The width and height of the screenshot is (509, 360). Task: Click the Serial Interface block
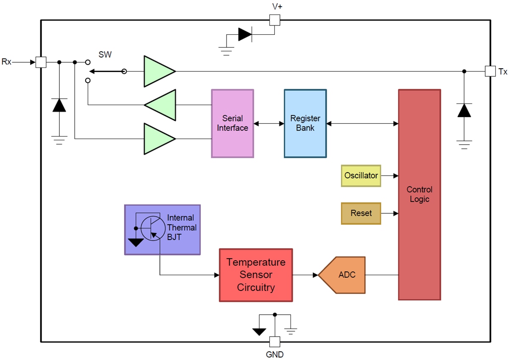tap(232, 123)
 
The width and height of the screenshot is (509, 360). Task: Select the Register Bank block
tap(305, 123)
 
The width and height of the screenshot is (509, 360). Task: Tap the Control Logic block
tap(419, 195)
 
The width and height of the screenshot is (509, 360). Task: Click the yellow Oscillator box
tap(361, 176)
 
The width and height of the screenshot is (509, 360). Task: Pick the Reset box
tap(361, 213)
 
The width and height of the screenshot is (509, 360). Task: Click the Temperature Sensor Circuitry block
tap(256, 275)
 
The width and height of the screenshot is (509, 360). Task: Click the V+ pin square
tap(274, 20)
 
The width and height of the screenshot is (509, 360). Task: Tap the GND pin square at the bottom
tap(274, 342)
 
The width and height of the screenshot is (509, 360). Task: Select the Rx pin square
tap(41, 62)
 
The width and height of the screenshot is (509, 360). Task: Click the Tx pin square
tap(490, 71)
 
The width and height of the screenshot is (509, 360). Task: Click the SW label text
tap(105, 54)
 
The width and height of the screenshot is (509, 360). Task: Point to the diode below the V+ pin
tap(245, 34)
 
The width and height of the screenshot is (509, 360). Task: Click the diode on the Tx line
tap(464, 110)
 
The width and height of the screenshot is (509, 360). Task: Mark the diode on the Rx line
tap(59, 105)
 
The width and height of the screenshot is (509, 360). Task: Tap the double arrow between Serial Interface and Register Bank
tap(269, 123)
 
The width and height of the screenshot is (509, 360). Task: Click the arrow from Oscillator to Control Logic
tap(389, 176)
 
